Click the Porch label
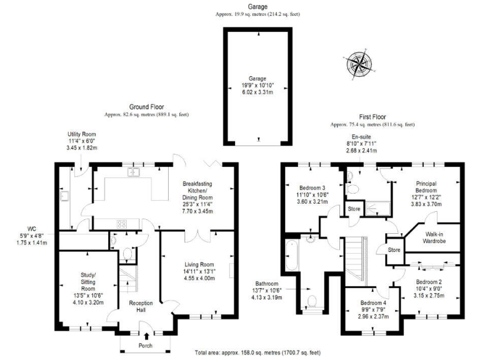(x=146, y=346)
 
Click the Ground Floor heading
(x=146, y=107)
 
